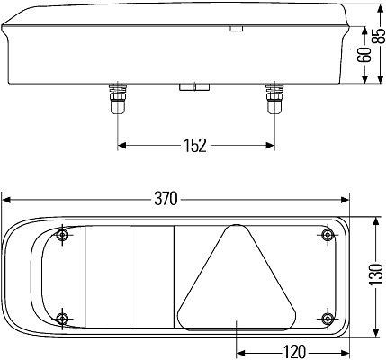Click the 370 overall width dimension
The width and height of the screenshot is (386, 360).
tap(166, 198)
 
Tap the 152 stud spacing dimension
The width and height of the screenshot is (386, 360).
tap(195, 145)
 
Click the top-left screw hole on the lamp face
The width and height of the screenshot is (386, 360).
tap(62, 236)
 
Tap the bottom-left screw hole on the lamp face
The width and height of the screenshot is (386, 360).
tap(62, 319)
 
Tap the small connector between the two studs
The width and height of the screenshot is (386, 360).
tap(194, 88)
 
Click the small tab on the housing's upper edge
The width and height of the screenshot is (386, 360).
tap(236, 30)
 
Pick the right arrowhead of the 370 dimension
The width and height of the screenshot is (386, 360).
tap(345, 198)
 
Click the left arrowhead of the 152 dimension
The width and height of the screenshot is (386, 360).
tap(121, 145)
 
